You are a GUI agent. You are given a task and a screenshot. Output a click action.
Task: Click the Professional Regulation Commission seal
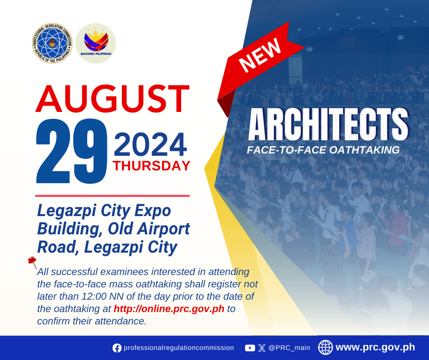pos(52,43)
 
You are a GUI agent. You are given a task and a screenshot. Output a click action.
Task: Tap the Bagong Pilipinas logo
pos(96,43)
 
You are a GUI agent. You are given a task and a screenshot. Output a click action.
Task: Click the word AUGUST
pos(112,99)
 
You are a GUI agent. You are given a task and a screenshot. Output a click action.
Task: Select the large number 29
pos(72,151)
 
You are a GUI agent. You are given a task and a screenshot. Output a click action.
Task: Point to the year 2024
pos(150,144)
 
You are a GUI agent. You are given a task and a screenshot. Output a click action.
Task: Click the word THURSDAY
pos(152,166)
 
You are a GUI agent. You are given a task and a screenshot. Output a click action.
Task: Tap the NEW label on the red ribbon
pos(260,55)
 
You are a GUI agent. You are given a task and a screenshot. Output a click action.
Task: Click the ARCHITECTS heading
pos(328,124)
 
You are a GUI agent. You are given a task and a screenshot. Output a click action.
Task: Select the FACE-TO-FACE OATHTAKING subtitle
pos(323,150)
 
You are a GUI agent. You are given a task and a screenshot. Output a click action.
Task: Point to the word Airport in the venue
pos(163,229)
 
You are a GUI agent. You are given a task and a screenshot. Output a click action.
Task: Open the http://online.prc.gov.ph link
pos(169,309)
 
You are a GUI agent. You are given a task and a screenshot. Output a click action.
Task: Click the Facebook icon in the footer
pos(117,348)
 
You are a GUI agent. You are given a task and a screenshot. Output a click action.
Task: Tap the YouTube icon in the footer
pos(250,348)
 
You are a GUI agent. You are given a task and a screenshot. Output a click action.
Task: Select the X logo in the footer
pos(262,348)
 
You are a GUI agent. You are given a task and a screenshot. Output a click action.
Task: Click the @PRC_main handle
pos(289,348)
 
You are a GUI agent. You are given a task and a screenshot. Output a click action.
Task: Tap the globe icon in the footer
pos(325,347)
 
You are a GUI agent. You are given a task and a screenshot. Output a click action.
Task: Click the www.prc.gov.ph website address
pos(375,347)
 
